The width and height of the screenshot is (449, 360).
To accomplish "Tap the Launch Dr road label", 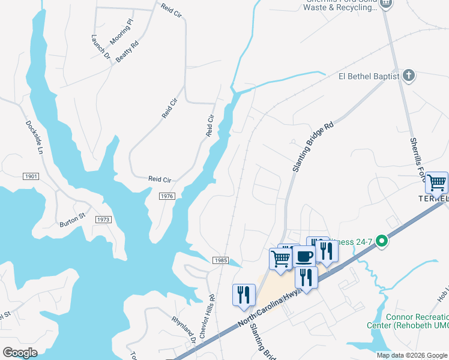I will pos(101,46).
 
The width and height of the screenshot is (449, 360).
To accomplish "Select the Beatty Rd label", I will pos(127,52).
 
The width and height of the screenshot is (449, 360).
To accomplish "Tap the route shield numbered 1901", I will pos(32,176).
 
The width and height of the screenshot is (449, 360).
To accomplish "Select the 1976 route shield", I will pos(167,196).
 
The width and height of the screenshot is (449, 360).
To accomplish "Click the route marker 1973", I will pos(103,220).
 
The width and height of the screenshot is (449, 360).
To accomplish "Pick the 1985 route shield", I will pos(220,260).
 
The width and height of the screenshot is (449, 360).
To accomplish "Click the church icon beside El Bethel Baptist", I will pos(409,76).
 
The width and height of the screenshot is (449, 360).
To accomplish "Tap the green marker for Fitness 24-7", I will pos(379,242).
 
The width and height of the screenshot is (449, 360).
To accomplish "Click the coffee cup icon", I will pos(304,257).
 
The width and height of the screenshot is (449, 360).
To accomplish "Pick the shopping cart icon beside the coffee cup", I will pos(280,259).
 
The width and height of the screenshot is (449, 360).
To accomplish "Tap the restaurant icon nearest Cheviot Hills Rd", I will pos(244,295).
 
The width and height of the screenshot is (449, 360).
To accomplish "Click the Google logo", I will pos(20,353).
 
